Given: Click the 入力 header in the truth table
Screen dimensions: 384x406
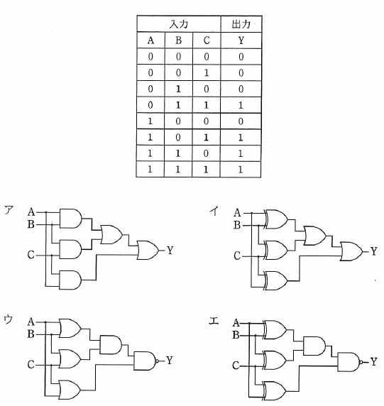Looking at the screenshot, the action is pyautogui.click(x=179, y=24).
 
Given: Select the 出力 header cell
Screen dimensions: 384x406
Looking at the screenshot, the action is pyautogui.click(x=241, y=24).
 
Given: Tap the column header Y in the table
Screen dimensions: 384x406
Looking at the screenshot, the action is pyautogui.click(x=241, y=40).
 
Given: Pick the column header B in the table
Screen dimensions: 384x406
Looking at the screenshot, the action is pyautogui.click(x=178, y=40).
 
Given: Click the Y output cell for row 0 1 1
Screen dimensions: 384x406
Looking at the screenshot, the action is pyautogui.click(x=241, y=105).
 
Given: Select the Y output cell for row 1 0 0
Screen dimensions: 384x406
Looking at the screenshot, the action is pyautogui.click(x=241, y=121).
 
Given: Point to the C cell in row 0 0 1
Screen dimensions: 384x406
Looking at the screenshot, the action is pyautogui.click(x=206, y=73).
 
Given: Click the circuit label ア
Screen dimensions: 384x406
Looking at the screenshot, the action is pyautogui.click(x=9, y=209).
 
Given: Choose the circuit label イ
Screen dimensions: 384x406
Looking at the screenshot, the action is pyautogui.click(x=214, y=211).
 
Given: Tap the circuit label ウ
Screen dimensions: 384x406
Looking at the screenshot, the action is pyautogui.click(x=9, y=319).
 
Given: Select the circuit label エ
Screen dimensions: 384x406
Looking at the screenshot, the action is pyautogui.click(x=214, y=321).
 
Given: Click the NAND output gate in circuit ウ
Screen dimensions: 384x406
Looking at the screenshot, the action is pyautogui.click(x=146, y=361).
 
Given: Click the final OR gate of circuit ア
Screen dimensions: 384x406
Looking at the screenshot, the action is pyautogui.click(x=148, y=251).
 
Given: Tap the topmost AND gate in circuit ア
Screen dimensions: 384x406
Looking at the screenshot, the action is pyautogui.click(x=70, y=219).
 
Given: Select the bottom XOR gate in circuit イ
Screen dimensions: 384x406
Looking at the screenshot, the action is pyautogui.click(x=275, y=280).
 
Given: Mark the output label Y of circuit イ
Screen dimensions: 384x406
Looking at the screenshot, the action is pyautogui.click(x=373, y=251).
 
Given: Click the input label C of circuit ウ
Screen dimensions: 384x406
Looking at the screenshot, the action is pyautogui.click(x=31, y=365).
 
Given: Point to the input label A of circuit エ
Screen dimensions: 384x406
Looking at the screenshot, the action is pyautogui.click(x=236, y=323).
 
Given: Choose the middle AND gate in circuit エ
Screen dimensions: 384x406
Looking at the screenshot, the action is pyautogui.click(x=314, y=346).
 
